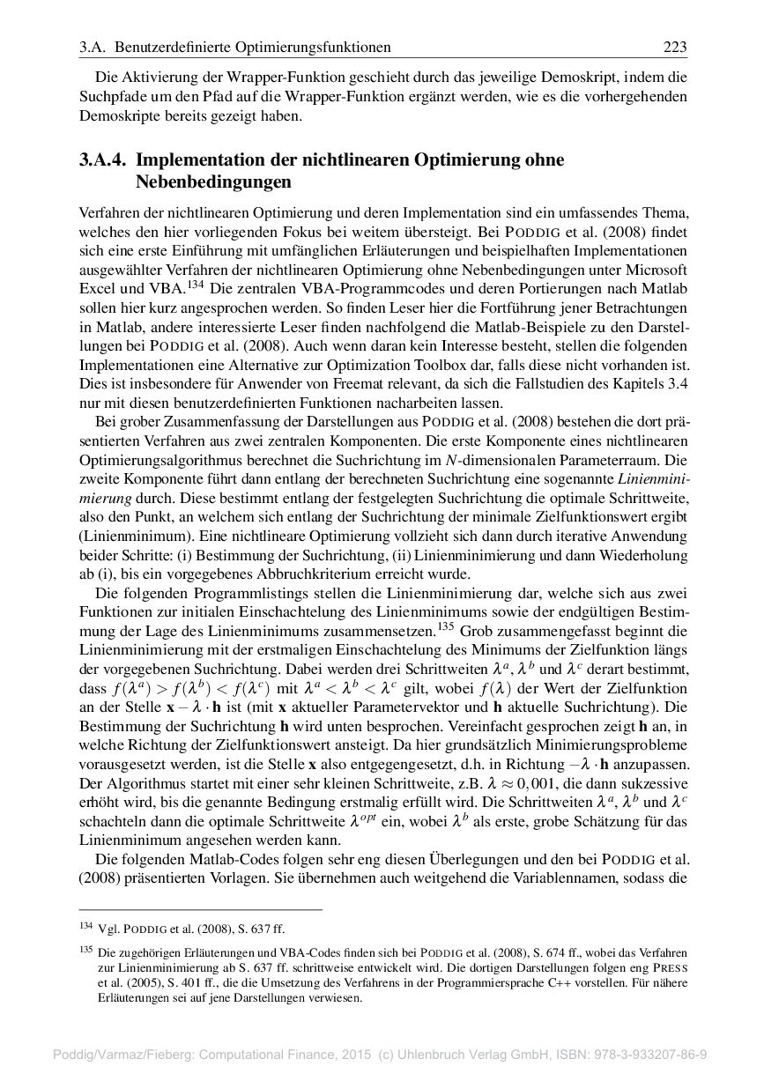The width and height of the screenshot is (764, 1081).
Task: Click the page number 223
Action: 675,47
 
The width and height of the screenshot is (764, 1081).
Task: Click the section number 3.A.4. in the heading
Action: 103,161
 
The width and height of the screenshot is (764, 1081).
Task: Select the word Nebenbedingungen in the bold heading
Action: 212,182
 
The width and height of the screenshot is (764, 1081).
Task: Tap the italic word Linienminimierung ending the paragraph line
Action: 654,478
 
